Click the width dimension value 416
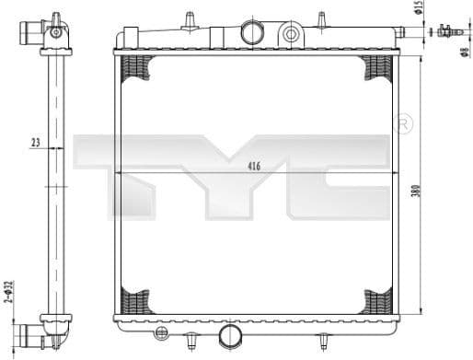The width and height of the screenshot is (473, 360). [x=254, y=167]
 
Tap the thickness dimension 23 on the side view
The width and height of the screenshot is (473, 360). [x=36, y=142]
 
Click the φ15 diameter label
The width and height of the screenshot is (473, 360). [x=417, y=9]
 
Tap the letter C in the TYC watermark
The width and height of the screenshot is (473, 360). [x=340, y=175]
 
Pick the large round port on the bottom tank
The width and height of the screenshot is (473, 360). [x=231, y=335]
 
